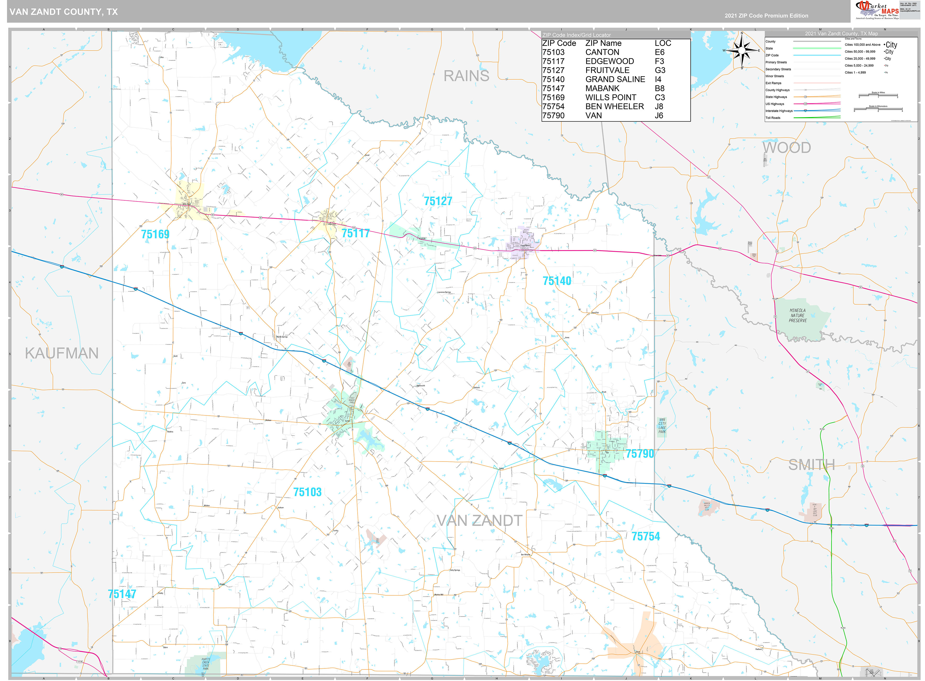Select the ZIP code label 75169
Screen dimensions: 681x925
point(155,234)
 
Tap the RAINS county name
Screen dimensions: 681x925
point(466,76)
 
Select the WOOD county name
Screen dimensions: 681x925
point(786,147)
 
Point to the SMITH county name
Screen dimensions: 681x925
point(811,465)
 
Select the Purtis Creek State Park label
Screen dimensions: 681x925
point(206,664)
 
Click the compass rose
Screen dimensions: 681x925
point(742,50)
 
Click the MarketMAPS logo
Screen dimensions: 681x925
point(877,10)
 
